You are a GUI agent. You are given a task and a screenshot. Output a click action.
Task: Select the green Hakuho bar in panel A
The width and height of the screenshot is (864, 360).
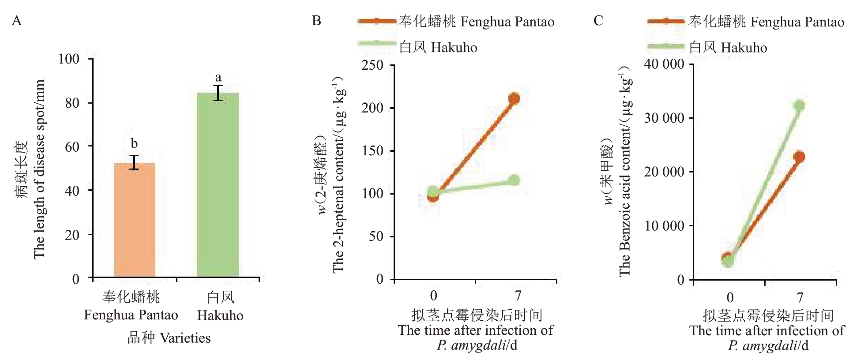coord(218,185)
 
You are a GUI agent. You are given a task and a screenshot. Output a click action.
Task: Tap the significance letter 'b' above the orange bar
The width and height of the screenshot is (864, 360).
coord(134,143)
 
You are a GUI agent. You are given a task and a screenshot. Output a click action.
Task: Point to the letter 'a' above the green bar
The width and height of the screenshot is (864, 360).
coord(218,78)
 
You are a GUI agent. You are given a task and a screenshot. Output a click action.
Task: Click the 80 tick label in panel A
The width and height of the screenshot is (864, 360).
coord(72,103)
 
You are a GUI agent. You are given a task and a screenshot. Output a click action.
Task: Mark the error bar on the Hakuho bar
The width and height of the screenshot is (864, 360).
coord(218,93)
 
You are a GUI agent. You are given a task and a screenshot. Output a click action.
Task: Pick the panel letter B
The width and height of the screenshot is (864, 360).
coord(316,21)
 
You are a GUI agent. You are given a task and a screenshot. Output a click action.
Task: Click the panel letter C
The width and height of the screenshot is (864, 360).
coord(598,21)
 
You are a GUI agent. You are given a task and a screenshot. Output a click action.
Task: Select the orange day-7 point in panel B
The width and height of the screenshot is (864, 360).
coord(514,98)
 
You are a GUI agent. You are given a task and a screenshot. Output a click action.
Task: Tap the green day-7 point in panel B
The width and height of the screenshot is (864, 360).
coord(514,180)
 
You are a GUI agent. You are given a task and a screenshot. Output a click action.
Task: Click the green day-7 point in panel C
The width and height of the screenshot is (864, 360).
coord(799,105)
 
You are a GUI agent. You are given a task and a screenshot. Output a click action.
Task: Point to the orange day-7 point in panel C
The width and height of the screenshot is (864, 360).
coord(799,157)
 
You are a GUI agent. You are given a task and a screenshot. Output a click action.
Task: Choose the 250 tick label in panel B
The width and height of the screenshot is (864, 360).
coord(372,65)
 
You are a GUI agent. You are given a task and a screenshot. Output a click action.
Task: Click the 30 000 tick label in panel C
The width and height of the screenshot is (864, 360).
coord(664,118)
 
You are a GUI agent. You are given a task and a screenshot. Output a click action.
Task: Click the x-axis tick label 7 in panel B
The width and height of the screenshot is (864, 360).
coord(518,295)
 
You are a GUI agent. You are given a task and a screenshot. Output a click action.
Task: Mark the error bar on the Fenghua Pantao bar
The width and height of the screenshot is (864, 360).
coord(134,162)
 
